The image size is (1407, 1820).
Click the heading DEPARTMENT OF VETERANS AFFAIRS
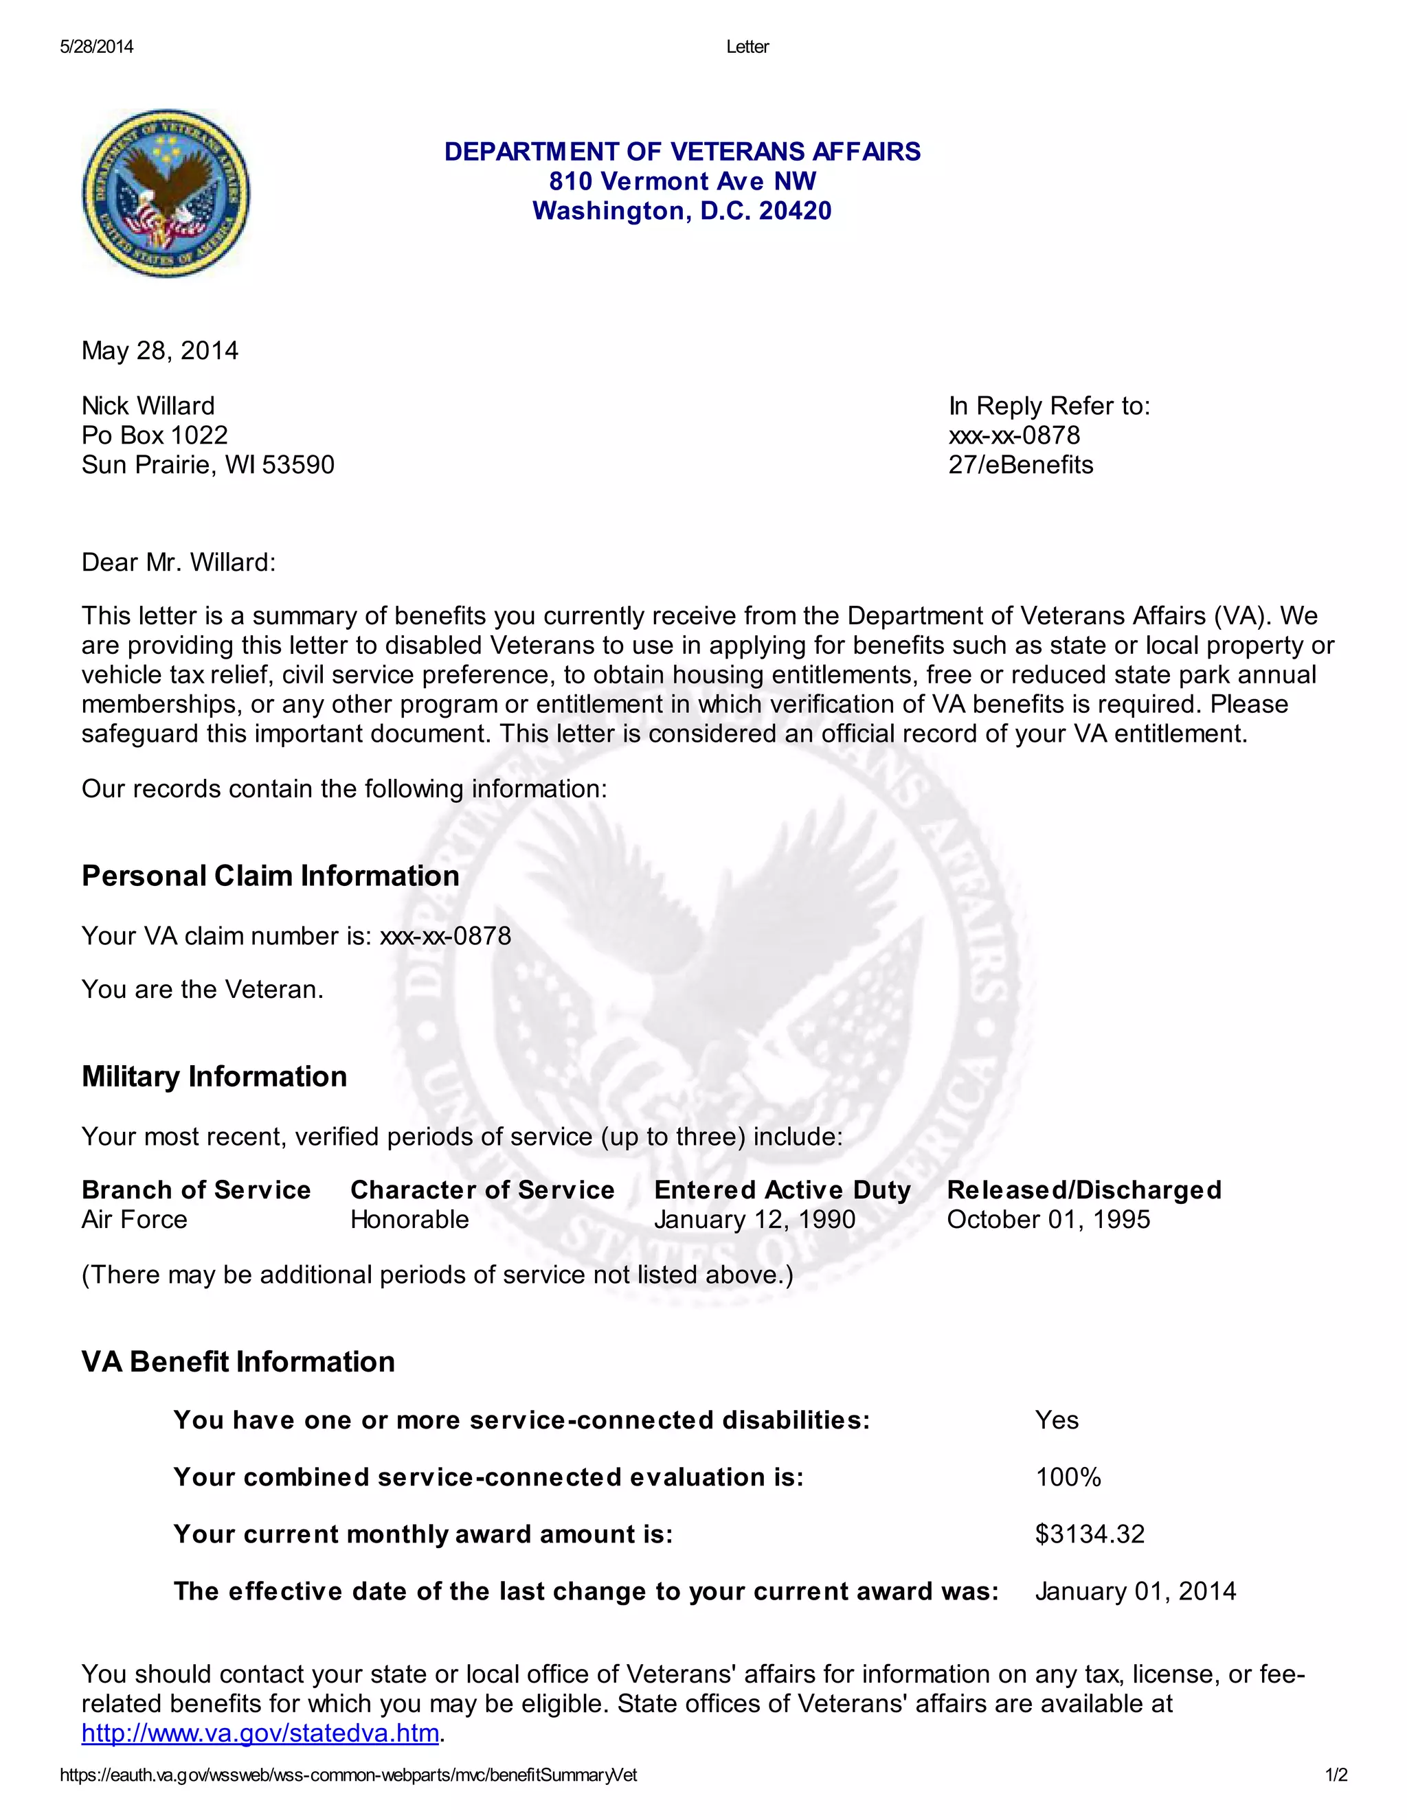click(682, 152)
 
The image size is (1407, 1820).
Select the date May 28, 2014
click(160, 351)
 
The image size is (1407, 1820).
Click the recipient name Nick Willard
click(148, 406)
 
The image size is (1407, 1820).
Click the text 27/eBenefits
click(1020, 465)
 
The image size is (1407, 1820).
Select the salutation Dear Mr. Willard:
click(179, 562)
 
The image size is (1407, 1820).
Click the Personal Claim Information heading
click(270, 876)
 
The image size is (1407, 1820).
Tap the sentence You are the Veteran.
click(203, 989)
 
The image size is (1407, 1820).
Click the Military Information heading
click(214, 1077)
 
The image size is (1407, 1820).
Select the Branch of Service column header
click(196, 1190)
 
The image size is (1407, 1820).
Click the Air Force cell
click(134, 1220)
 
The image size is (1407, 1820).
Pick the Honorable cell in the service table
click(409, 1220)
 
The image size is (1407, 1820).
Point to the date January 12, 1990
click(754, 1220)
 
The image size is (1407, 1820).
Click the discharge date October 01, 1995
click(1048, 1220)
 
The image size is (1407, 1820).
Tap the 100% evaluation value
click(1068, 1477)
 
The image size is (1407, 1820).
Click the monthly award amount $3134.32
click(1090, 1534)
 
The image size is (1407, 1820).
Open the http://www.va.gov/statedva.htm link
click(260, 1733)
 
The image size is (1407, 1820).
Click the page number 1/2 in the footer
click(1336, 1776)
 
